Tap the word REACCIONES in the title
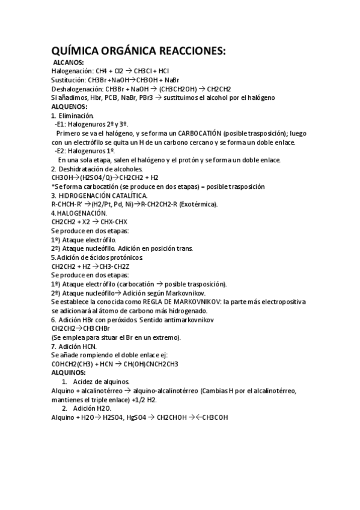(189, 52)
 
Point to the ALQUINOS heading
(69, 373)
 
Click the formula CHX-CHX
(114, 222)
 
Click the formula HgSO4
(129, 417)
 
